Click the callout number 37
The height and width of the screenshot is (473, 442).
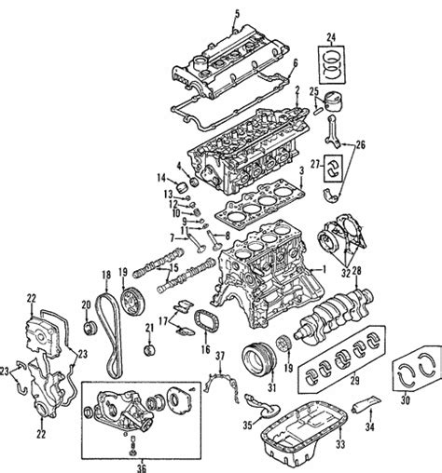click(221, 358)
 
